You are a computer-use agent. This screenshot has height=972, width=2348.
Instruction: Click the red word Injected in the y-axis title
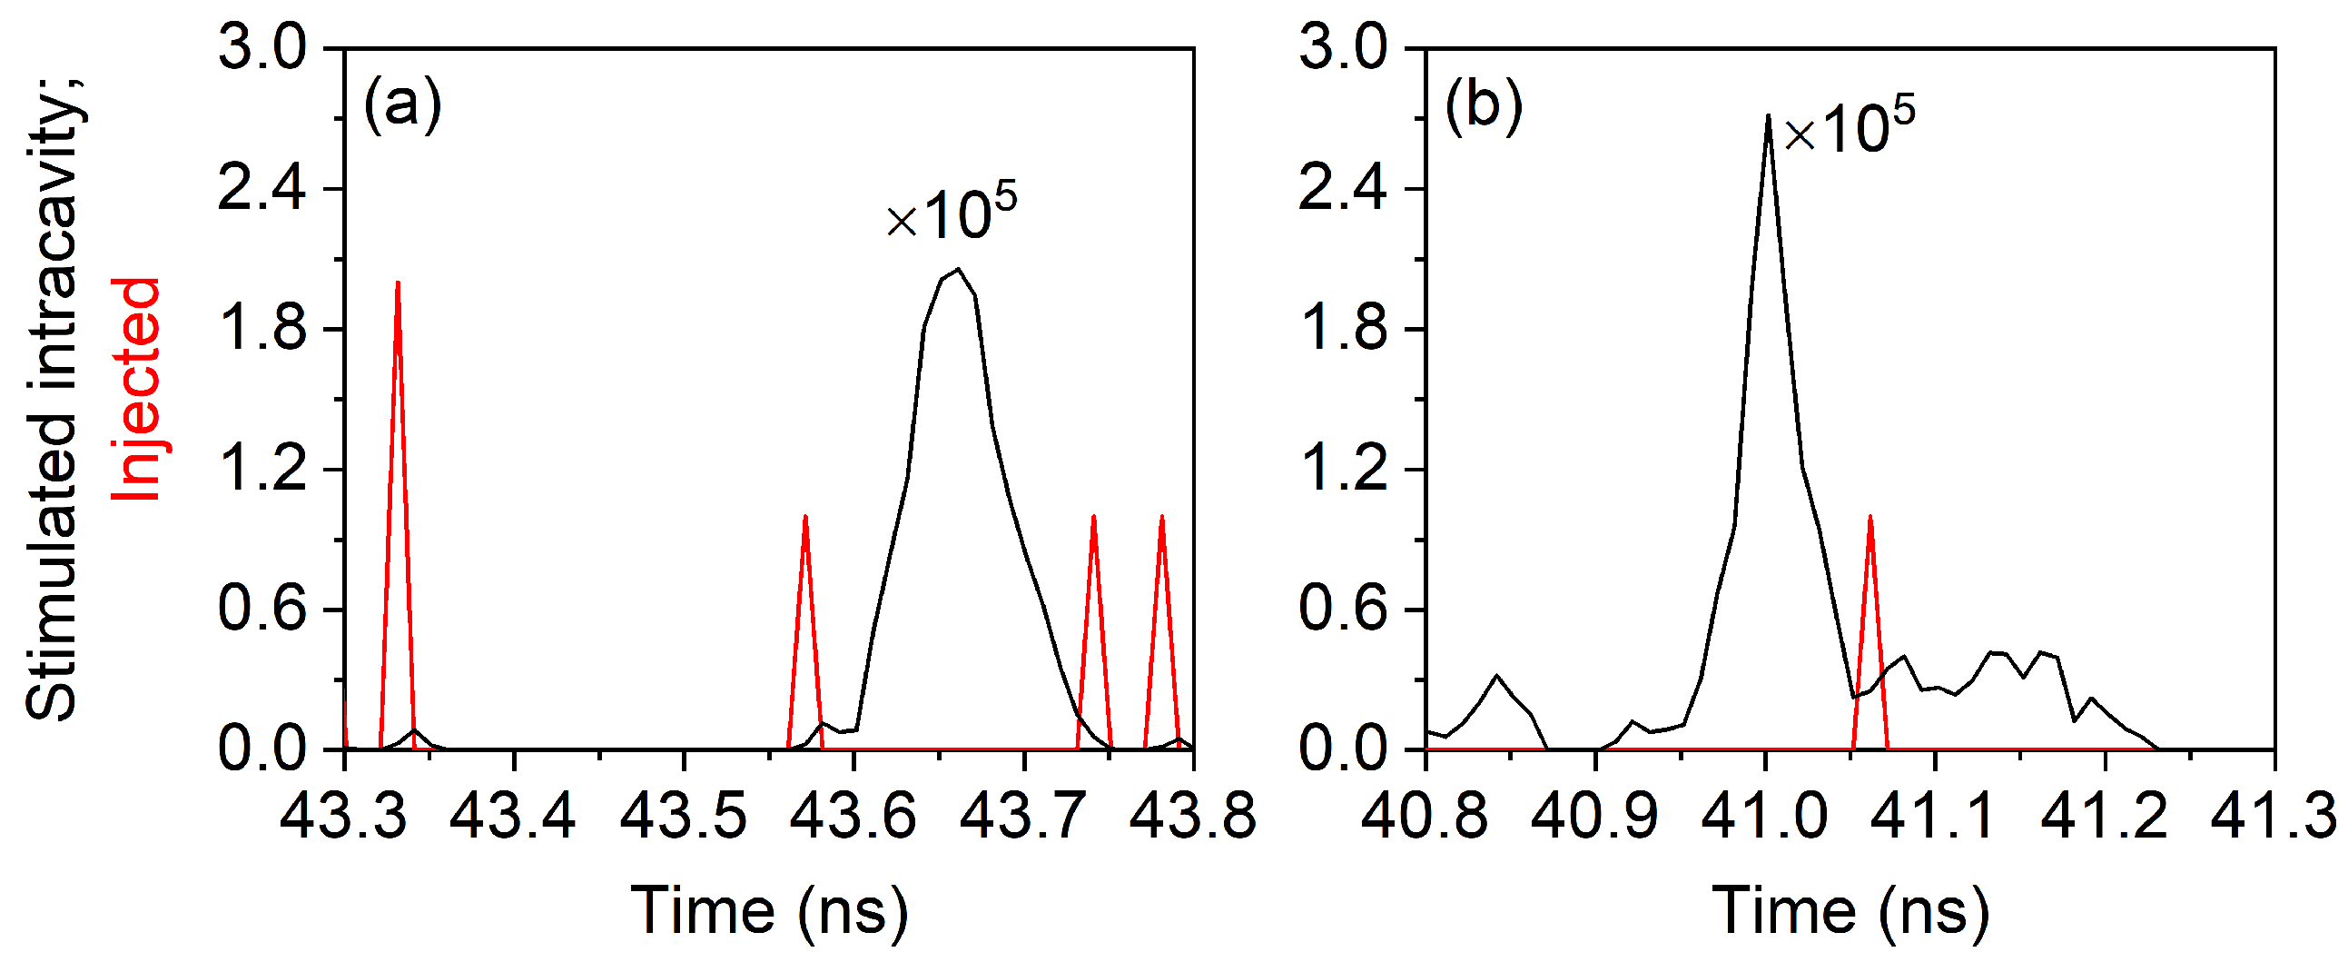[137, 390]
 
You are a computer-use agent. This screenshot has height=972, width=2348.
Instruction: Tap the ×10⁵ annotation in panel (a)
[951, 213]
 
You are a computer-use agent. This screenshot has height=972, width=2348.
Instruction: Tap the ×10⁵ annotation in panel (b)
[1849, 127]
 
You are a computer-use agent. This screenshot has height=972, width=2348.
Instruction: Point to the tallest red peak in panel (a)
[398, 283]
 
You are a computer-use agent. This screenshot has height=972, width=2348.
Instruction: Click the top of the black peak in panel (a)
[957, 269]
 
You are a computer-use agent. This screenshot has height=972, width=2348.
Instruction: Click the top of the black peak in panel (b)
[1769, 115]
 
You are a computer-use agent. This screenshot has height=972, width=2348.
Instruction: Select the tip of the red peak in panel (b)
[1870, 517]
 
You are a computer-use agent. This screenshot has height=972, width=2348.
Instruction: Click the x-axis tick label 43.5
[683, 815]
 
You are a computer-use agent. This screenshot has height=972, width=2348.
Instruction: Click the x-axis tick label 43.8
[1192, 815]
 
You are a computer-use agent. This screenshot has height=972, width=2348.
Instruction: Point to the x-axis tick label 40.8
[1424, 815]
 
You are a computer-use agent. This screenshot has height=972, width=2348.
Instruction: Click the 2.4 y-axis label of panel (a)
[261, 189]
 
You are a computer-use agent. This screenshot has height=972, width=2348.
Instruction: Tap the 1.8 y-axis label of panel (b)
[1343, 329]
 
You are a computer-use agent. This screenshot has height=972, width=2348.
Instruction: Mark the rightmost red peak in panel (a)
[1161, 517]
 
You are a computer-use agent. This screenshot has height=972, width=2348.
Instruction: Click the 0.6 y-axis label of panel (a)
[261, 610]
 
